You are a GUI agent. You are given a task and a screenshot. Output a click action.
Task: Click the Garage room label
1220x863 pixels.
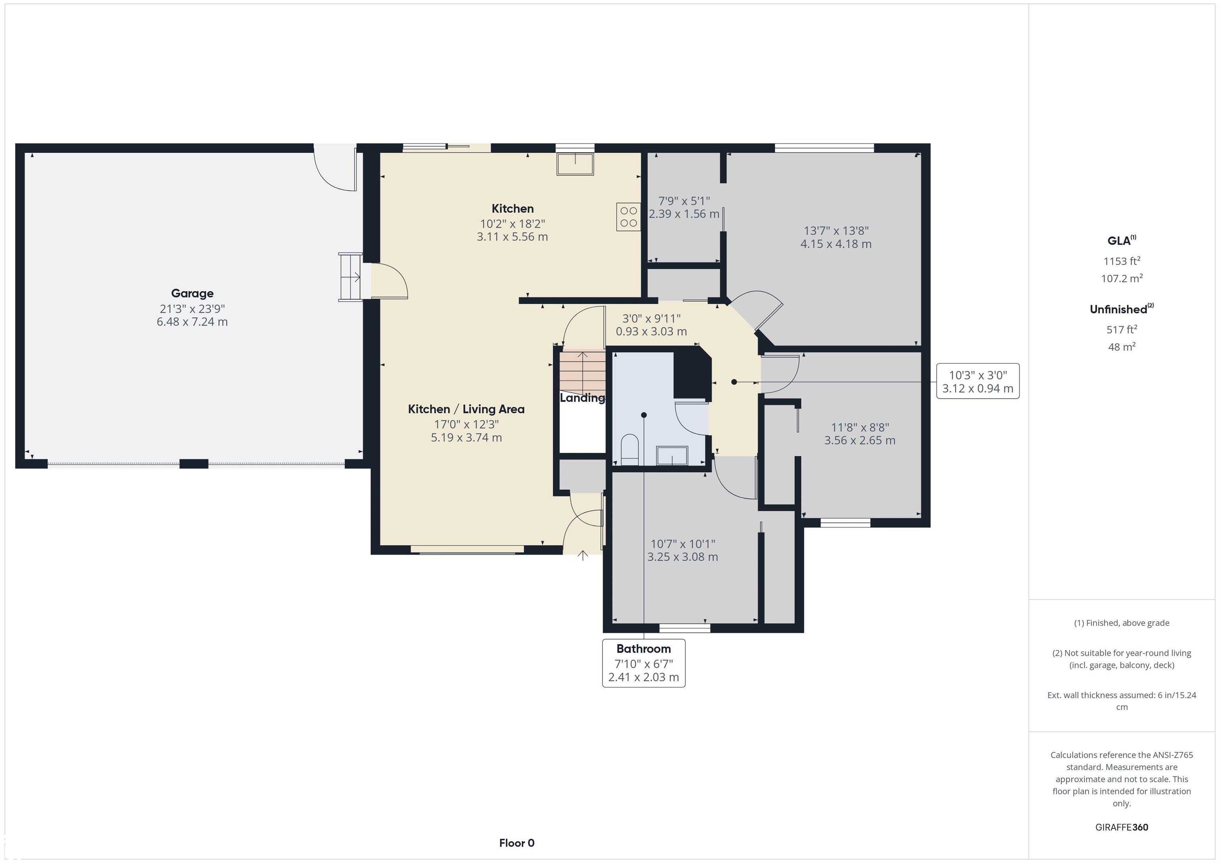[192, 293]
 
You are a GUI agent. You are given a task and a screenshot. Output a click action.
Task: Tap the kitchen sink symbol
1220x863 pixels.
[575, 164]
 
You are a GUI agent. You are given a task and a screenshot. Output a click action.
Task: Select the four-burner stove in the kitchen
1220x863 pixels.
[629, 217]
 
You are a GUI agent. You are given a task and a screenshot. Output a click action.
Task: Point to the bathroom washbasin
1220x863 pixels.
[672, 456]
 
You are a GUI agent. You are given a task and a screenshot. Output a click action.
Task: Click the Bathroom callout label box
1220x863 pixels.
[643, 663]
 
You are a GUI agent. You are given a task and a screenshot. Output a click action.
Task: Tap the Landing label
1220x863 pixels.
[582, 398]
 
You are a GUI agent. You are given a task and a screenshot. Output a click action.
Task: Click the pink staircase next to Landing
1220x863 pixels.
[582, 371]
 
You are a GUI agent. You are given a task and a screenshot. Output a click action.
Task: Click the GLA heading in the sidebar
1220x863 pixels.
[1121, 240]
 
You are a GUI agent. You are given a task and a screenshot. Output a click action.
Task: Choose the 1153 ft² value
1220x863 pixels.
[1122, 261]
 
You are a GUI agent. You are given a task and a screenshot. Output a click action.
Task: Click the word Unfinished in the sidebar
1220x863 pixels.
[1118, 309]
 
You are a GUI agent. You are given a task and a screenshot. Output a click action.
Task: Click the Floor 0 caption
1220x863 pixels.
[517, 843]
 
